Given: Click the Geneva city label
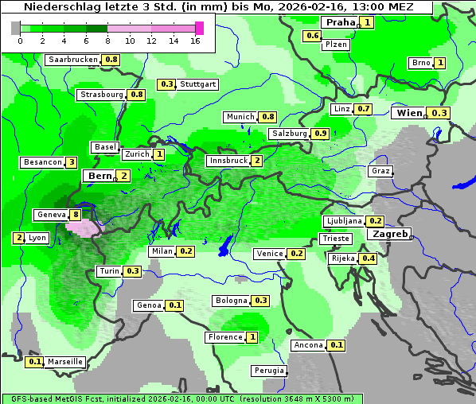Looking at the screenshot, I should pos(52,215).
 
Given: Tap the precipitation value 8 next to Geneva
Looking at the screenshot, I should pos(76,215).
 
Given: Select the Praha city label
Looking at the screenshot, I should pos(340,22).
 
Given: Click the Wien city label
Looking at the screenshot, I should pos(409,114).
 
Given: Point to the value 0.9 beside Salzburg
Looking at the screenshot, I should pos(320,134).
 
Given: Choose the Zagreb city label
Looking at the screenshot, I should pos(388,235).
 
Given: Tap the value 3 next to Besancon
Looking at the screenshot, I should pos(71,162).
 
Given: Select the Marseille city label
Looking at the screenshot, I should pos(65,362).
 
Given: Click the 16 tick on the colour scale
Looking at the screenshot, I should pos(195,41).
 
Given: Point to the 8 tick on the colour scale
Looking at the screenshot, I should pos(107,41).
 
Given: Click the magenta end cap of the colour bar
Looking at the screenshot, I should pos(199,29).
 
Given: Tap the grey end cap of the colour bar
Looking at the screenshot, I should pos(16,29).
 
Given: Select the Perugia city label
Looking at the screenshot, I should pos(268,371).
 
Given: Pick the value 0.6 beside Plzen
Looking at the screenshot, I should pos(313,36).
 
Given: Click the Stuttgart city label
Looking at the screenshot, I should pos(198,84).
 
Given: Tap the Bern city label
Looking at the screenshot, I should pos(100,176).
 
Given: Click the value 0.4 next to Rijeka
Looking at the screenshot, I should pos(368,258).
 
